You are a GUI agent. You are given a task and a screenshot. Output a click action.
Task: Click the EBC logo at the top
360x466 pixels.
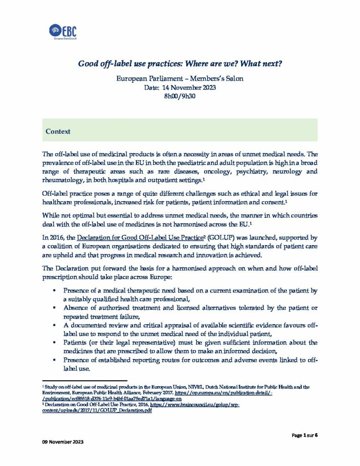(x=63, y=32)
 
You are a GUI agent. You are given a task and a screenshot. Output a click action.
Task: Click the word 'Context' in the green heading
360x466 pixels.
(x=58, y=132)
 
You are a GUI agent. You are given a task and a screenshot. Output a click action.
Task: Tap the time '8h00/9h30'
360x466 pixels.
(x=179, y=96)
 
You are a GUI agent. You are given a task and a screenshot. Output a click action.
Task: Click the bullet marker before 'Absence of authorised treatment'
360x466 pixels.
(x=54, y=308)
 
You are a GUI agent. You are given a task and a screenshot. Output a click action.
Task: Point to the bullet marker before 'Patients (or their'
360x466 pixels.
(x=54, y=342)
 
